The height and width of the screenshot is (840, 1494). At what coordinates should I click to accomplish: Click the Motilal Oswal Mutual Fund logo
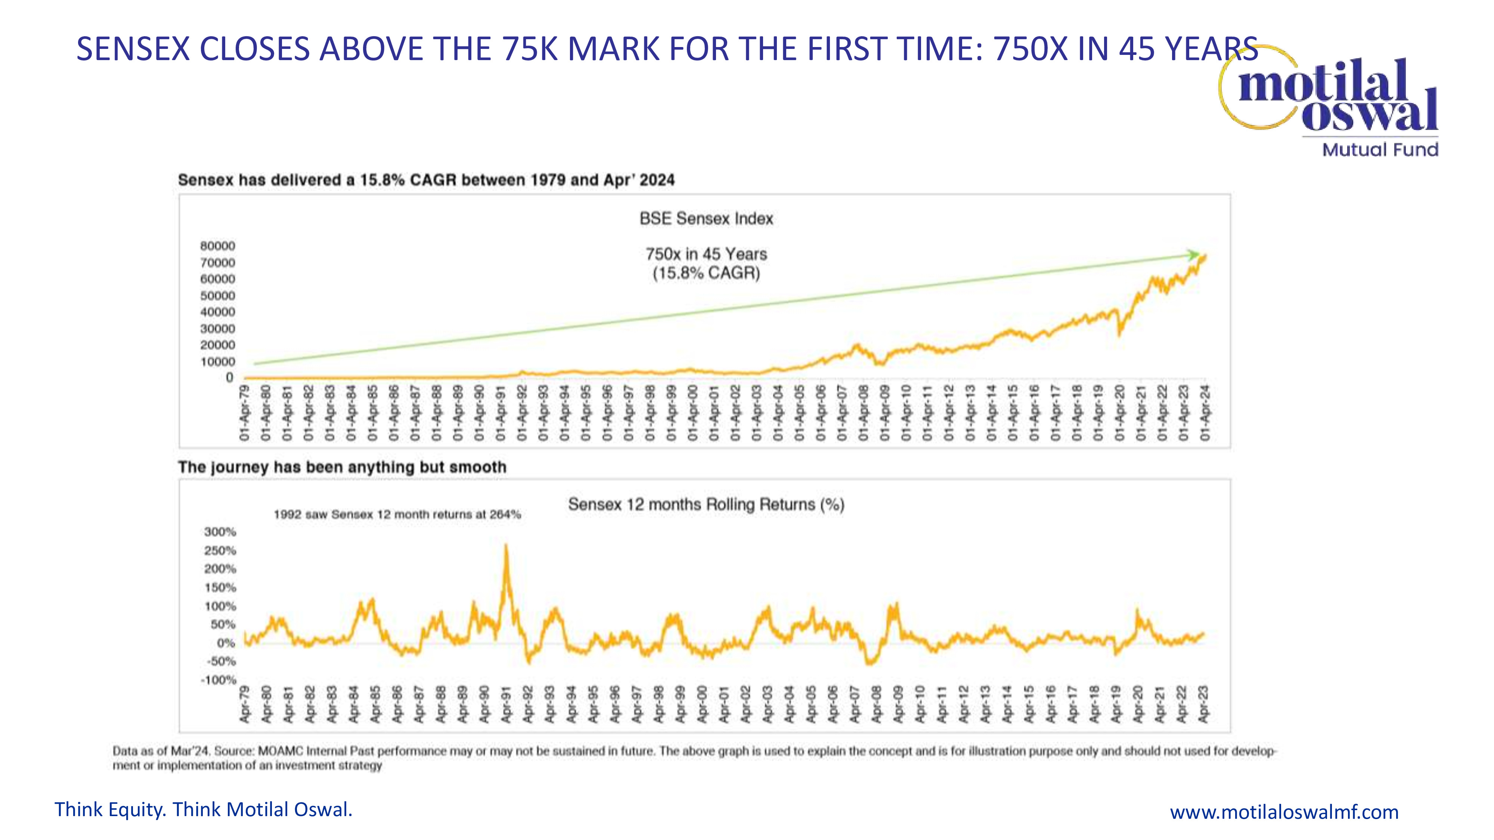point(1334,102)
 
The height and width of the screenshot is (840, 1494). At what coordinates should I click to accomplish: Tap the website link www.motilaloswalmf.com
point(1283,812)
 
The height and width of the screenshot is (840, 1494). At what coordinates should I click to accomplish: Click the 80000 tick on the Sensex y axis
point(218,246)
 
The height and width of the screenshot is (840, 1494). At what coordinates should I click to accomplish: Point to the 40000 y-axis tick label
point(218,312)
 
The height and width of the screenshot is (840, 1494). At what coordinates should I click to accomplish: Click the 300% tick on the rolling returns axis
point(220,532)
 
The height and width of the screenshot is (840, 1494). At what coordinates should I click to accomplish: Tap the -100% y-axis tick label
point(218,679)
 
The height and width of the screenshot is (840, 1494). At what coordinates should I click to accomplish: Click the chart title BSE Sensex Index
point(706,218)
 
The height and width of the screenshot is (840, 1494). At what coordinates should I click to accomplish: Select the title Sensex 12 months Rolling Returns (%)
point(706,504)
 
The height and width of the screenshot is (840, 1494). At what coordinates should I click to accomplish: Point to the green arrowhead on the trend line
point(1193,255)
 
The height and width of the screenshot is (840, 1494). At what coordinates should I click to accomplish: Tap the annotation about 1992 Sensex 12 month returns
point(397,514)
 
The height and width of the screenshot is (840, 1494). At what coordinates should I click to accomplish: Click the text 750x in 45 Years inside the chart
point(706,254)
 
